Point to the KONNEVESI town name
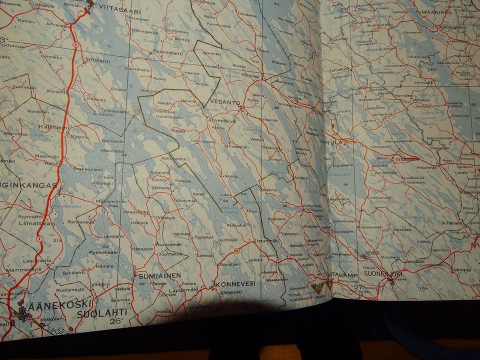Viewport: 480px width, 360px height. [235, 283]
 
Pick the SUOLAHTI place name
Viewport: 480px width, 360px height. [101, 313]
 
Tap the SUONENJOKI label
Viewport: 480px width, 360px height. [383, 274]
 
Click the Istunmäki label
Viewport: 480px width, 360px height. [266, 241]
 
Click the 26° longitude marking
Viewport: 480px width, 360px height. [116, 321]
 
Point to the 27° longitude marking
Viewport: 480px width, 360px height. [358, 287]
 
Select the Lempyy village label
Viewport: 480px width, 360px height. [461, 269]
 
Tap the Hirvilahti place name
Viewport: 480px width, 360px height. [420, 82]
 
